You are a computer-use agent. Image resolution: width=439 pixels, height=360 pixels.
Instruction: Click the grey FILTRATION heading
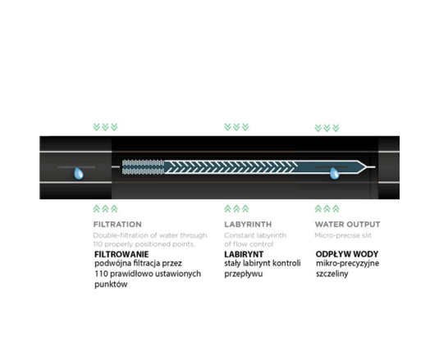[117, 225]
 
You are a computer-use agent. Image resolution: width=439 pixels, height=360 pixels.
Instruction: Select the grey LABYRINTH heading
[248, 225]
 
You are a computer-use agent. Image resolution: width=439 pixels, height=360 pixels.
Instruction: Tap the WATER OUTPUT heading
[347, 225]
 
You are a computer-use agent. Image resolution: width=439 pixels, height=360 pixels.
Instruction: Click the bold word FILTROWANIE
[121, 254]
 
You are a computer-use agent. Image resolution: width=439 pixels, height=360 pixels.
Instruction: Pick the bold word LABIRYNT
[244, 254]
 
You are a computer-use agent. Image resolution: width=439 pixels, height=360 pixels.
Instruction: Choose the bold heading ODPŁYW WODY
[347, 254]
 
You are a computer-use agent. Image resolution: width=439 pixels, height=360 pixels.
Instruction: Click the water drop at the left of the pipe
[79, 173]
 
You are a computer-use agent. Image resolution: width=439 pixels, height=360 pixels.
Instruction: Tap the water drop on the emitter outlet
[335, 173]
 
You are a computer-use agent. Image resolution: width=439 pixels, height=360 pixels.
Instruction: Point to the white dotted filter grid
[143, 167]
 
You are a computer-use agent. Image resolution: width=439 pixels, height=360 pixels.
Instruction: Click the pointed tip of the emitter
[365, 167]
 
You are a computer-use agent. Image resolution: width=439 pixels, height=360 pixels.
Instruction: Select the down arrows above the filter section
[105, 127]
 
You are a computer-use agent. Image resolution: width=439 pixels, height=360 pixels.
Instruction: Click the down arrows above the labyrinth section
[236, 127]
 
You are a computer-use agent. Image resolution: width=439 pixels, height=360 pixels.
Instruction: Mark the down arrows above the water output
[327, 128]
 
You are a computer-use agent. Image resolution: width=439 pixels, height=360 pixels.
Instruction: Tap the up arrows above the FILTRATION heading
[105, 208]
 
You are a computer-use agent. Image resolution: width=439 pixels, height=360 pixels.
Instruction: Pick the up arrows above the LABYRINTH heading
[236, 208]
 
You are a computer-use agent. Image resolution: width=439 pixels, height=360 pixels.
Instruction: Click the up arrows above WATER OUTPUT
[327, 208]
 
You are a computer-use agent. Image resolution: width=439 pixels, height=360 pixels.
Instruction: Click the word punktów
[111, 285]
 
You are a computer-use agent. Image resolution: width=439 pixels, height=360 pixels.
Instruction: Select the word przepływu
[244, 274]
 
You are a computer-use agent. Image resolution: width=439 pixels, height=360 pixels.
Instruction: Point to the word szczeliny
[332, 274]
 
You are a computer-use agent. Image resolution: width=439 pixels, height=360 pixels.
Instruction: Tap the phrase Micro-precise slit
[343, 235]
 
